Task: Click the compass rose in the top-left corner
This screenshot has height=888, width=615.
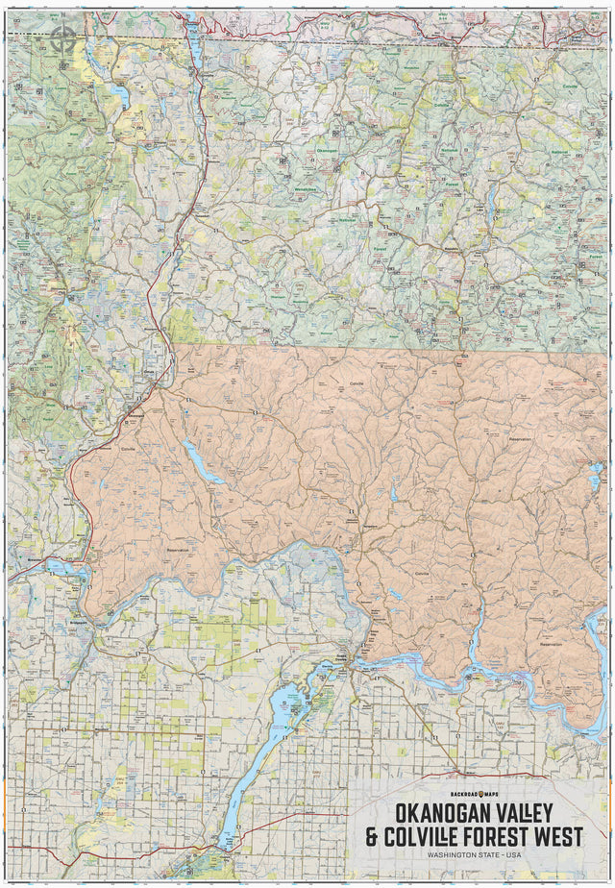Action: pos(64,38)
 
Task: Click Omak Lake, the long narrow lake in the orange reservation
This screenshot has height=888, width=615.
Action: pos(203,461)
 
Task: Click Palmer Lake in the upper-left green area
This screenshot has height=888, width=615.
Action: pos(119,94)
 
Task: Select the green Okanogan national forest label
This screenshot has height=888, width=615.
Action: pos(327,151)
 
